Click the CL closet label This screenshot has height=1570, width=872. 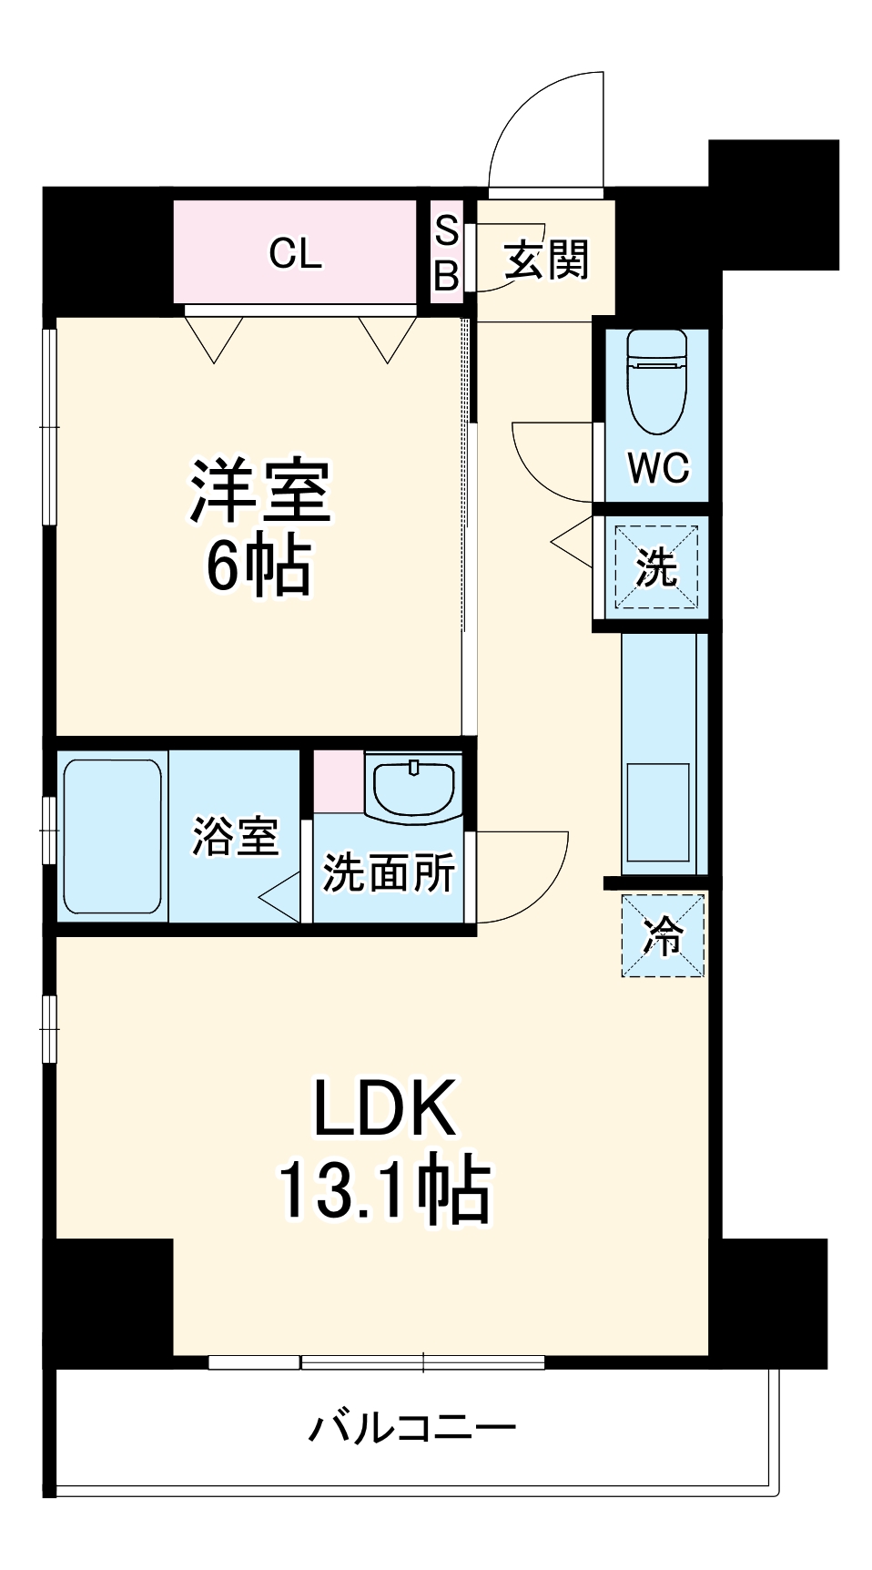[x=295, y=252]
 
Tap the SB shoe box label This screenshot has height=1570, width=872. [x=446, y=252]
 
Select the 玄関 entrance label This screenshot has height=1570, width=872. [x=547, y=260]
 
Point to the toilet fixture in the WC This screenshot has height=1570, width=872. [x=656, y=380]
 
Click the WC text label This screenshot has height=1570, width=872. [x=658, y=467]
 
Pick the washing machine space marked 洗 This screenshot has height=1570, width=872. [x=656, y=566]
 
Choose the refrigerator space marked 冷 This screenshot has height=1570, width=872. [x=663, y=935]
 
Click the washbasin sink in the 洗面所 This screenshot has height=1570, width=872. [x=414, y=788]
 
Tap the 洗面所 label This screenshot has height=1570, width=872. [x=389, y=872]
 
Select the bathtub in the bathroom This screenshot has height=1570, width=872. [x=112, y=837]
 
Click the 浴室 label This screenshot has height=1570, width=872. [x=235, y=835]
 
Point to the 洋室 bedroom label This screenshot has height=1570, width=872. [x=260, y=492]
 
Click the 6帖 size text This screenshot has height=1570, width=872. [x=259, y=566]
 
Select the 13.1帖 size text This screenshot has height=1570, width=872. [x=383, y=1188]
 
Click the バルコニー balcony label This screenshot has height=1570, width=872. [x=411, y=1426]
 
